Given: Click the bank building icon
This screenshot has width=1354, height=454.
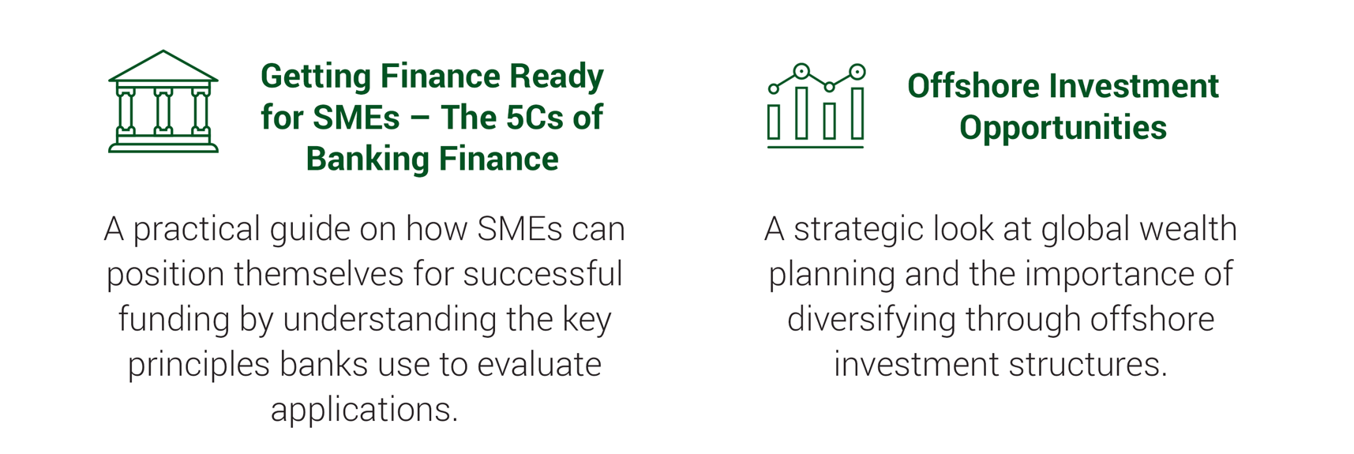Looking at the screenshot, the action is point(163,101).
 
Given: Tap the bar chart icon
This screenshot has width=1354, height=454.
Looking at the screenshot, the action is point(816,106).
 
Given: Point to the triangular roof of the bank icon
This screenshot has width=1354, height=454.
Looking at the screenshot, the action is point(163,66).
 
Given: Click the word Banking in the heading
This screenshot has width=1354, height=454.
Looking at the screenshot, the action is point(367,159).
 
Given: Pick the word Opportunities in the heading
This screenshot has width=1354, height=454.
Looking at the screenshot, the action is point(1063,129).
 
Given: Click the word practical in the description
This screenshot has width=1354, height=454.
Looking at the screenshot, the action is point(197,231).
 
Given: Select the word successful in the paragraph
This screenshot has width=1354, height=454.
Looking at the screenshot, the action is point(543,274).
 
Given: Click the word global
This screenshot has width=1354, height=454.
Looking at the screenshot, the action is point(1080,231).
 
